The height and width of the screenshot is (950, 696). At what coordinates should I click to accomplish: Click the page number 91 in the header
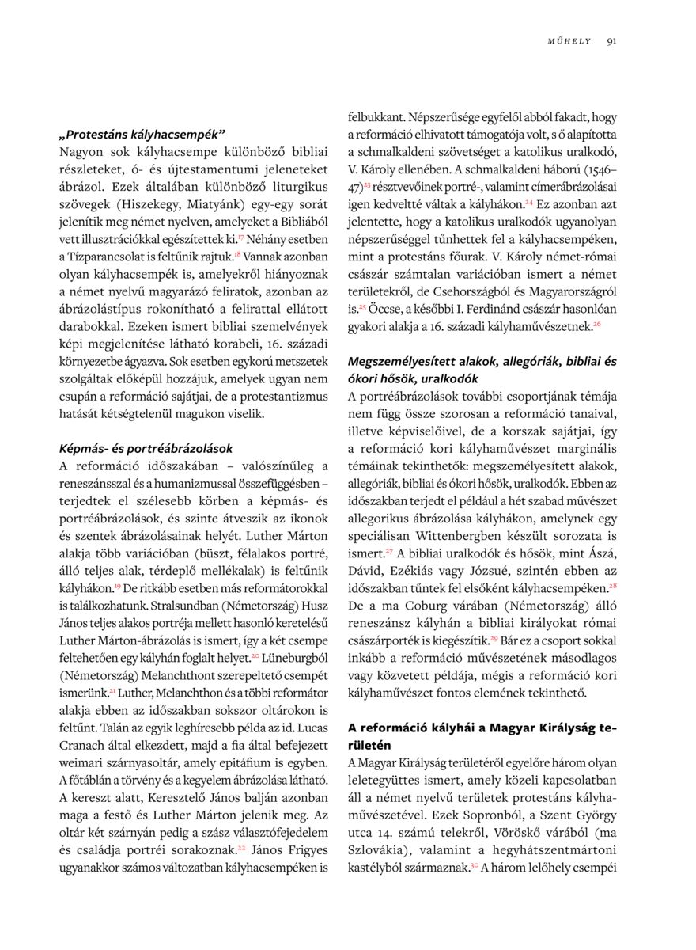coord(611,41)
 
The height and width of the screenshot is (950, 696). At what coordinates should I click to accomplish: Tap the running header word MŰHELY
coord(569,41)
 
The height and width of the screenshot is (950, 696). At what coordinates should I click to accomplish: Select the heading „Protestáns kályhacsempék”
coord(142,134)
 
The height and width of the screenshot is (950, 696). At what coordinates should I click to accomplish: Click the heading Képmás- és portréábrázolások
coord(146,448)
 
